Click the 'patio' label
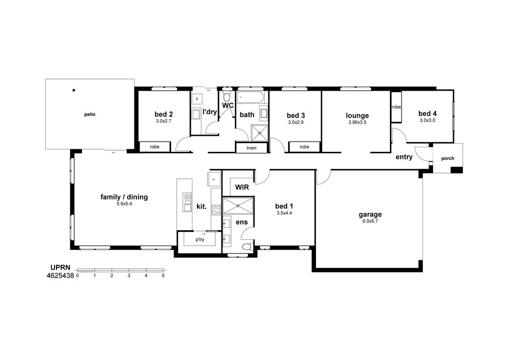[x=90, y=115]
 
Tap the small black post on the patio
[x=74, y=90]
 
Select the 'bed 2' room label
[x=163, y=114]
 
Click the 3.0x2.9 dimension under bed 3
[x=296, y=122]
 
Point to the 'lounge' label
[x=357, y=116]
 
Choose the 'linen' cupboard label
[x=251, y=148]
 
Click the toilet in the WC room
[x=227, y=96]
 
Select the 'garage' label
[x=370, y=214]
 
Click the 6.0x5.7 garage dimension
[x=371, y=221]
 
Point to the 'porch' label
[x=447, y=158]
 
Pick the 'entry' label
[x=404, y=157]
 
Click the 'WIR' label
[x=242, y=187]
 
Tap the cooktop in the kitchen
[x=216, y=210]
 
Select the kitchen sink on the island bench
[x=187, y=202]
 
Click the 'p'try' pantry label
[x=200, y=240]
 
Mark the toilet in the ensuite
[x=248, y=246]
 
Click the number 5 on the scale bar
[x=163, y=275]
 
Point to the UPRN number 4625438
[x=61, y=276]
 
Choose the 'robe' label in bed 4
[x=396, y=107]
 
